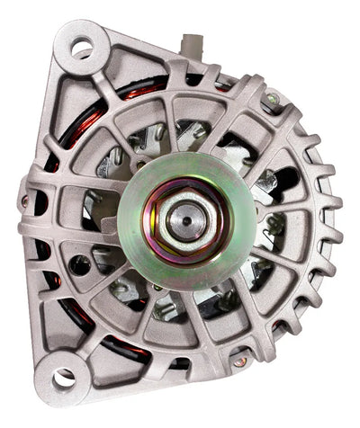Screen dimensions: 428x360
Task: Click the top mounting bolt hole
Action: point(82,48)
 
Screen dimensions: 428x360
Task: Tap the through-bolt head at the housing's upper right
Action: point(270,102)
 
